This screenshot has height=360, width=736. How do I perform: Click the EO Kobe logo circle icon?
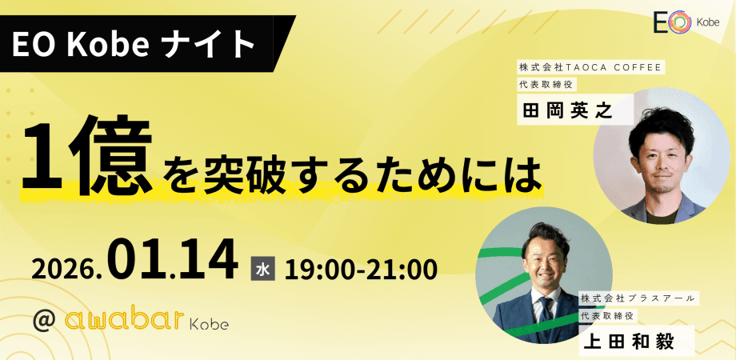tap(679, 24)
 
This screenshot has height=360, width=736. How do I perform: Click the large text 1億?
tap(89, 158)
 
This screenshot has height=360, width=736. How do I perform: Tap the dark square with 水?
tap(263, 269)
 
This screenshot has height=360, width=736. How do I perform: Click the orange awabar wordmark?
tap(124, 320)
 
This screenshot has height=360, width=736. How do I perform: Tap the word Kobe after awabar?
tap(209, 323)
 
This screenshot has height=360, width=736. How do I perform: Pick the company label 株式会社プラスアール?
tap(639, 298)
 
